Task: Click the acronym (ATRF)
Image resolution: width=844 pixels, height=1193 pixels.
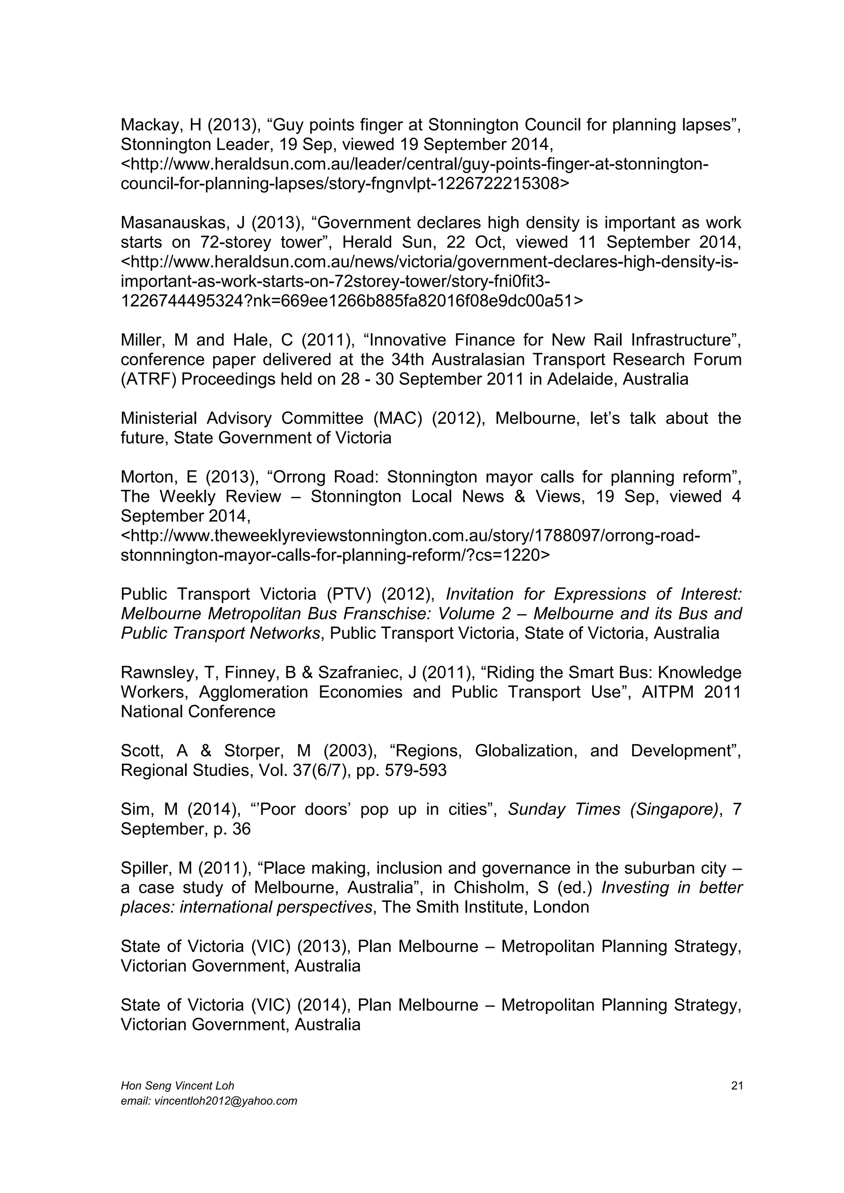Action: coord(147,379)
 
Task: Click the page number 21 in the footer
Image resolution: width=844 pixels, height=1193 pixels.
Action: coord(736,1086)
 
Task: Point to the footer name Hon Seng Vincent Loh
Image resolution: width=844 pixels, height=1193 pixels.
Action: coord(177,1086)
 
